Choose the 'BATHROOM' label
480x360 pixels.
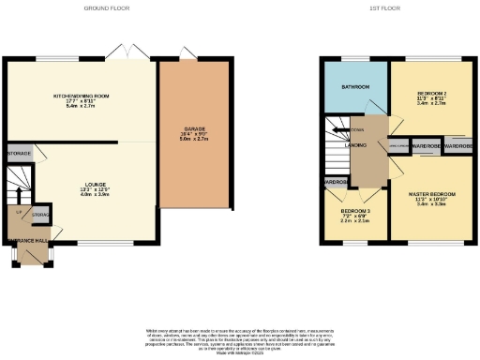pos(352,87)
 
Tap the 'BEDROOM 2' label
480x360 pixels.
pos(431,97)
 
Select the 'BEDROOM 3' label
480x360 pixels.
pos(354,212)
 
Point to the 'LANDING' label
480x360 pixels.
pos(355,146)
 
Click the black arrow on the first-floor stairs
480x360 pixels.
pos(336,132)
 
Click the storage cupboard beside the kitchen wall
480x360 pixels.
pos(18,152)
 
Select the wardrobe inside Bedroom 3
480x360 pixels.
pos(335,182)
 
